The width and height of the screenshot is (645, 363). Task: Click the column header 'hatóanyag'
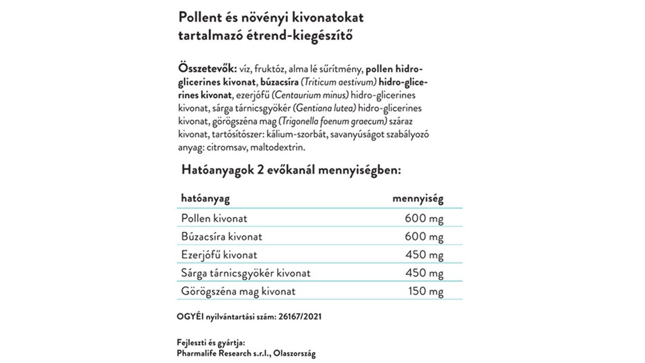click(x=205, y=199)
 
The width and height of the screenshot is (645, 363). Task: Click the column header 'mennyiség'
click(x=418, y=199)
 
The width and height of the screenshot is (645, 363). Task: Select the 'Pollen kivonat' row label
click(x=214, y=218)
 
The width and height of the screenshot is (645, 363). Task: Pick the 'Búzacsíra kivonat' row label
click(x=222, y=236)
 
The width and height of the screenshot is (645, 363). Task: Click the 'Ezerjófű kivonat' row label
click(x=219, y=255)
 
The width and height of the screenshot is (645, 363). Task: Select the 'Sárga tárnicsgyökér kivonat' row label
click(x=245, y=273)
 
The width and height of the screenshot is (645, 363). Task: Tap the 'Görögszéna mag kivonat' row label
click(x=238, y=291)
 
